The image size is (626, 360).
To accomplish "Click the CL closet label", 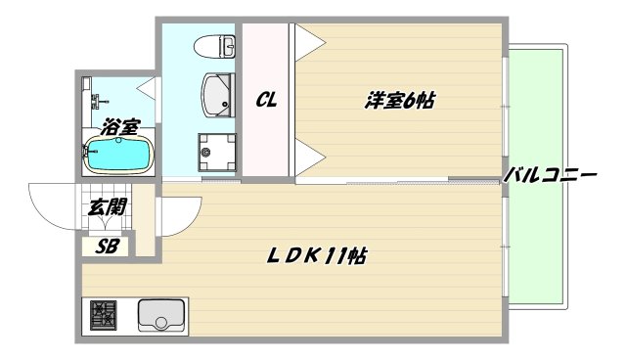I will [265, 99].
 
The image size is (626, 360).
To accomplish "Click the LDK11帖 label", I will [319, 257].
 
